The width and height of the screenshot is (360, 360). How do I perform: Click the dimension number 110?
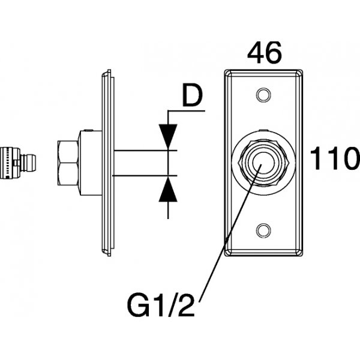[334, 161]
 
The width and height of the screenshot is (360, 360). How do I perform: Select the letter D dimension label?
[191, 97]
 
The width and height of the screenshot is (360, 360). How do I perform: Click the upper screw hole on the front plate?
[262, 94]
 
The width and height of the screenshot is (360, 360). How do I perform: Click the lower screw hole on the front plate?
[262, 229]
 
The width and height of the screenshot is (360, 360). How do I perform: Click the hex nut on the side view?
[67, 162]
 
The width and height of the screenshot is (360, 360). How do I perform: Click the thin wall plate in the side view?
[106, 162]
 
